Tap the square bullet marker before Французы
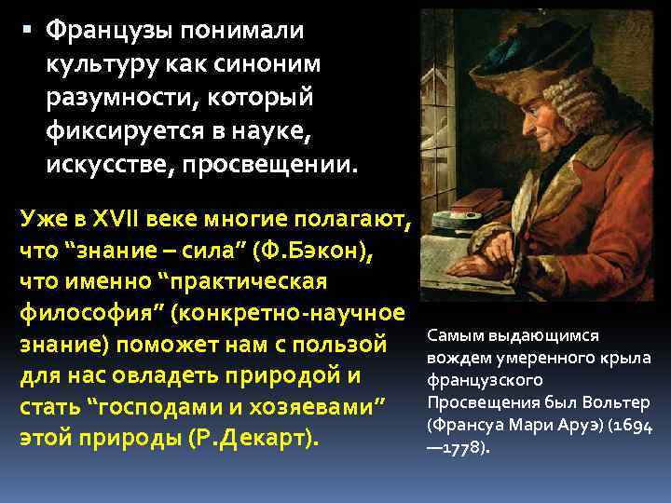pyautogui.click(x=27, y=30)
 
